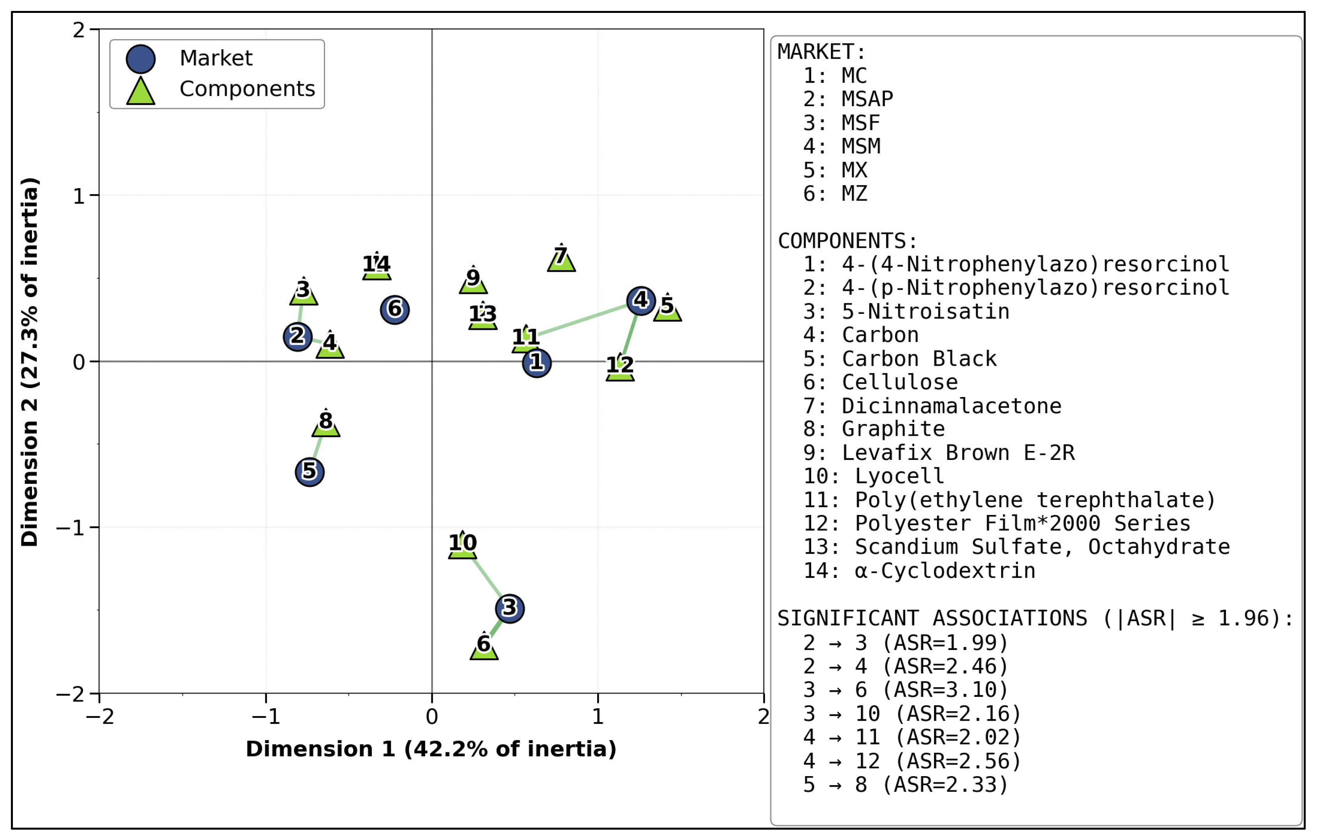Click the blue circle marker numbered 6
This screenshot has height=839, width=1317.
pyautogui.click(x=395, y=310)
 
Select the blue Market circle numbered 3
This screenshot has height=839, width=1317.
pyautogui.click(x=510, y=608)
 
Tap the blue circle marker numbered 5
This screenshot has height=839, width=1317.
pyautogui.click(x=310, y=472)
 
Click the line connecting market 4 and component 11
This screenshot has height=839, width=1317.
pyautogui.click(x=584, y=319)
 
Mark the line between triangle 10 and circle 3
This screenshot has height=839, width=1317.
pyautogui.click(x=486, y=577)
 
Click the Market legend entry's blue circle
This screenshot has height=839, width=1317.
pyautogui.click(x=141, y=59)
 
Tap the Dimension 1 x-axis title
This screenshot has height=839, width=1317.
pyautogui.click(x=431, y=749)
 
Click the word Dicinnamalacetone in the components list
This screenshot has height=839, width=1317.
pyautogui.click(x=952, y=406)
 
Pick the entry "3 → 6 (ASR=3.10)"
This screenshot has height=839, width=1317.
pyautogui.click(x=906, y=690)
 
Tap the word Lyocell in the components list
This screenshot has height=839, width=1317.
pyautogui.click(x=900, y=476)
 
